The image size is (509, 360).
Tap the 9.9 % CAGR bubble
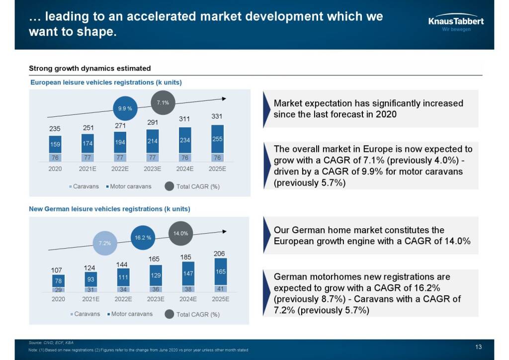(125, 108)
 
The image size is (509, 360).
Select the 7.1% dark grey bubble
(163, 103)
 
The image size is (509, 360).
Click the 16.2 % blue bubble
(143, 238)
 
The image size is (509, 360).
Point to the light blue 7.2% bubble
(104, 243)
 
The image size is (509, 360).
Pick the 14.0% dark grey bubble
(180, 233)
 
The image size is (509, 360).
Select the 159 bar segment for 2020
(55, 145)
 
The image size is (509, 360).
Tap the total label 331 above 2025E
(217, 116)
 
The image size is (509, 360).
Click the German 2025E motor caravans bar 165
(220, 271)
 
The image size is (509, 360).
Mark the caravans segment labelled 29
(58, 289)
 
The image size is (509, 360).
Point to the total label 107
(57, 270)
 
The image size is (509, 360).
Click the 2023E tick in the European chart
(152, 169)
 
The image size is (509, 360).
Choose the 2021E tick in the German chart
(90, 299)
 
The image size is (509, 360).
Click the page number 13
(479, 347)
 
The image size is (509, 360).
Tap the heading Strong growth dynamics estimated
(89, 68)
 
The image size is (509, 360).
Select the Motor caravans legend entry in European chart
(131, 186)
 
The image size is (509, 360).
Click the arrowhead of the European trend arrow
(224, 99)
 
